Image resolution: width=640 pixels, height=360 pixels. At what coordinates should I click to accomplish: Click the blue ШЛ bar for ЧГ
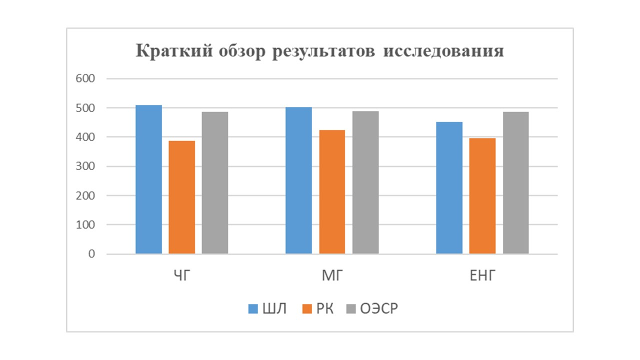click(148, 179)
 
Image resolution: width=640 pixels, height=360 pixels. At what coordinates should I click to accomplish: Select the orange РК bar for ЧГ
click(182, 197)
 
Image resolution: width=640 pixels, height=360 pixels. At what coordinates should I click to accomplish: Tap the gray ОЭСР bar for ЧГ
click(215, 182)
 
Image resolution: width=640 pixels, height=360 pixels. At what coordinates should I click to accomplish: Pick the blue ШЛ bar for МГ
click(298, 180)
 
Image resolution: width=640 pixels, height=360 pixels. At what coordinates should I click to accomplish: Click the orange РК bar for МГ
click(332, 192)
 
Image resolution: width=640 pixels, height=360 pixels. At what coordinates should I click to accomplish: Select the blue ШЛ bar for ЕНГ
click(449, 188)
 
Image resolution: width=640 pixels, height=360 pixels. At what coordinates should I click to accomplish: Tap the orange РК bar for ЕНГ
click(482, 196)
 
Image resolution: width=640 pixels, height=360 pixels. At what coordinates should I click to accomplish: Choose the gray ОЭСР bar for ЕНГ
click(515, 182)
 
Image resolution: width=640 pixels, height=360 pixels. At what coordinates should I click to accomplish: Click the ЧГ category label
click(182, 275)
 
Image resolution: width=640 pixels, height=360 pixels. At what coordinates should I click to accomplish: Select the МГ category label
click(332, 275)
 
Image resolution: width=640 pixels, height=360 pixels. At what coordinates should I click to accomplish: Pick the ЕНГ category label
click(482, 275)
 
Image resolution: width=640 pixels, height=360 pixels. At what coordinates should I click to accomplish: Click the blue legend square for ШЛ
click(253, 309)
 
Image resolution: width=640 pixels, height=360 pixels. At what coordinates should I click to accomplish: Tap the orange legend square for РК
click(307, 309)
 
